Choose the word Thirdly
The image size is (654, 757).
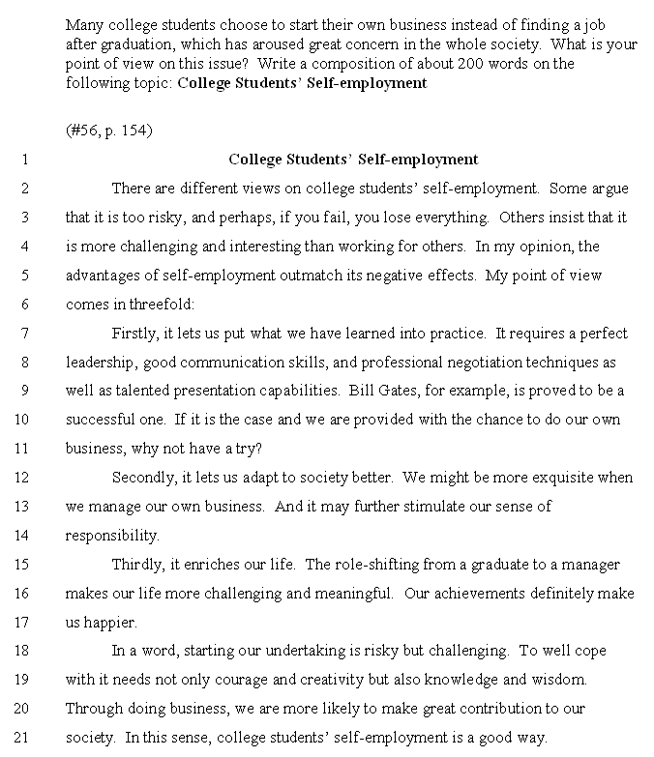click(138, 565)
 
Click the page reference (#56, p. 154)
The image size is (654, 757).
click(109, 131)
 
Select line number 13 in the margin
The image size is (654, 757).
click(23, 507)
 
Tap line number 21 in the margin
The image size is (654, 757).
click(23, 737)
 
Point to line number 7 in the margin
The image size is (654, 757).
click(23, 334)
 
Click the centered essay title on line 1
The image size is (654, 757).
click(353, 160)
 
